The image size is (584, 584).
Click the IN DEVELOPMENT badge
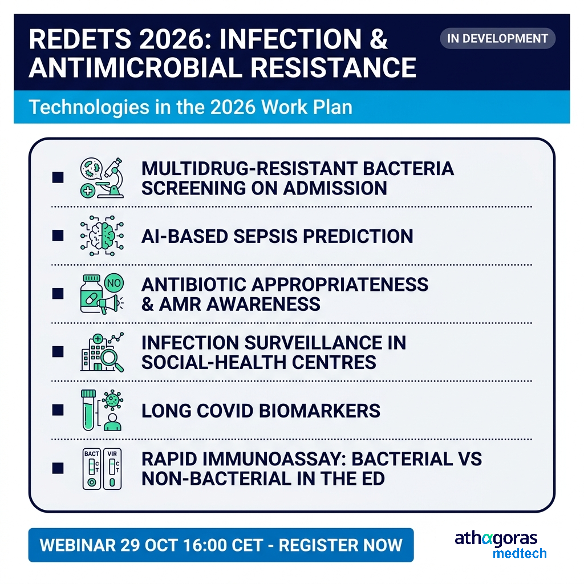pyautogui.click(x=497, y=38)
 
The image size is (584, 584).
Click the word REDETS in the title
pyautogui.click(x=80, y=39)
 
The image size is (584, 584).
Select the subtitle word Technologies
pyautogui.click(x=89, y=107)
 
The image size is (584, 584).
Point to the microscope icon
pyautogui.click(x=112, y=178)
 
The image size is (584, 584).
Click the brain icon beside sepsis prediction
pyautogui.click(x=103, y=236)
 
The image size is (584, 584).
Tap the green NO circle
pyautogui.click(x=114, y=283)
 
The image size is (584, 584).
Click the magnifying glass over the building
pyautogui.click(x=112, y=360)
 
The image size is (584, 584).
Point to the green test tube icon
pyautogui.click(x=88, y=410)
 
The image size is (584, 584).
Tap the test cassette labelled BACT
pyautogui.click(x=92, y=469)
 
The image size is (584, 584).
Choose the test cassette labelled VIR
pyautogui.click(x=112, y=469)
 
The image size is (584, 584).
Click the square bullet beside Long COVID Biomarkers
pyautogui.click(x=58, y=410)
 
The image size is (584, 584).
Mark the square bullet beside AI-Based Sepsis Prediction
pyautogui.click(x=58, y=236)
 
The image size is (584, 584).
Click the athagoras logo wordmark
pyautogui.click(x=496, y=538)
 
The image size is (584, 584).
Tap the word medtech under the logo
pyautogui.click(x=520, y=553)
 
